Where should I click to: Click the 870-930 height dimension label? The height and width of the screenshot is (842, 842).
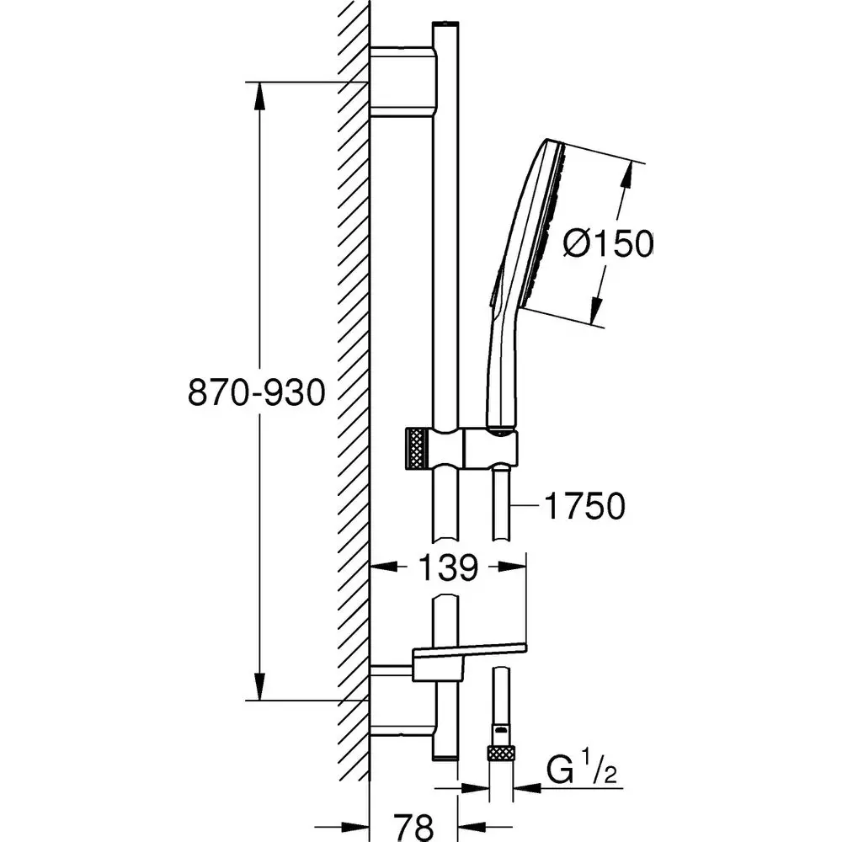pyautogui.click(x=255, y=392)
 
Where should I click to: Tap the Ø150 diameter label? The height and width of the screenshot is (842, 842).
pyautogui.click(x=609, y=244)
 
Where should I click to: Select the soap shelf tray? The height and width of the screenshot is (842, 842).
pyautogui.click(x=467, y=653)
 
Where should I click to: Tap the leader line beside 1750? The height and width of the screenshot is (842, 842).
pyautogui.click(x=527, y=506)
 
